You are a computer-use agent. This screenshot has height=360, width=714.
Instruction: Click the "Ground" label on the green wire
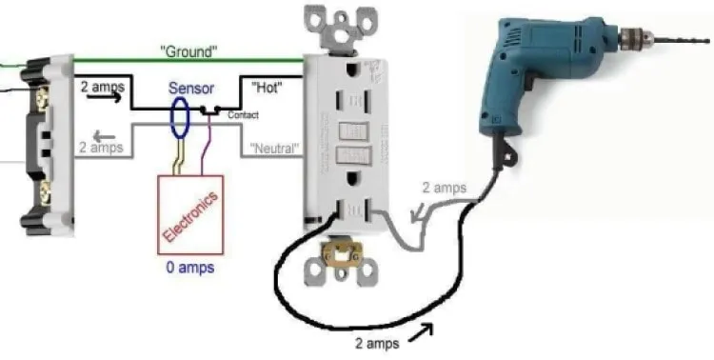(x=188, y=51)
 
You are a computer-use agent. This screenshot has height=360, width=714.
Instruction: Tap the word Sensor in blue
(x=191, y=88)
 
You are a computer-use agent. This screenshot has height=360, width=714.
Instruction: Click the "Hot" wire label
(x=267, y=88)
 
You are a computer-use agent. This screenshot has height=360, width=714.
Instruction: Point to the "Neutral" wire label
(x=274, y=148)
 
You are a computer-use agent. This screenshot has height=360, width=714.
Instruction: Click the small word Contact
(x=243, y=115)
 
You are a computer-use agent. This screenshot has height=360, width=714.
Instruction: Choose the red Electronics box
(x=190, y=214)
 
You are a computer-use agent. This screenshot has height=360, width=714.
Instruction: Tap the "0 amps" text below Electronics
(x=190, y=267)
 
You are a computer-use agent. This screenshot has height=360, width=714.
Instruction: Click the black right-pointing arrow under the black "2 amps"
(x=105, y=96)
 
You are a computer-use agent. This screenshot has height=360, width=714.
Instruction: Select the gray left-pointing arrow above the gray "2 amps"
(x=104, y=136)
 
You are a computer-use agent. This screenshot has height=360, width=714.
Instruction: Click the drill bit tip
(x=708, y=41)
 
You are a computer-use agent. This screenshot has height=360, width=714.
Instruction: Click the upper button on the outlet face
(x=353, y=131)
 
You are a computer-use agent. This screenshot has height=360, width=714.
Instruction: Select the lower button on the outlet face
(x=353, y=155)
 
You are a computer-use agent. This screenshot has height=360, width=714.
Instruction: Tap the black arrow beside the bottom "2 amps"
(x=421, y=332)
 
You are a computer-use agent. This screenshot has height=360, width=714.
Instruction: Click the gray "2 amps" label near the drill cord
(x=445, y=188)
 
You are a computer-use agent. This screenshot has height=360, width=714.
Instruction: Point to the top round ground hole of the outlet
(x=351, y=70)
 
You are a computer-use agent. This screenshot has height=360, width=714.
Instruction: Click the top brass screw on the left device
(x=42, y=98)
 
